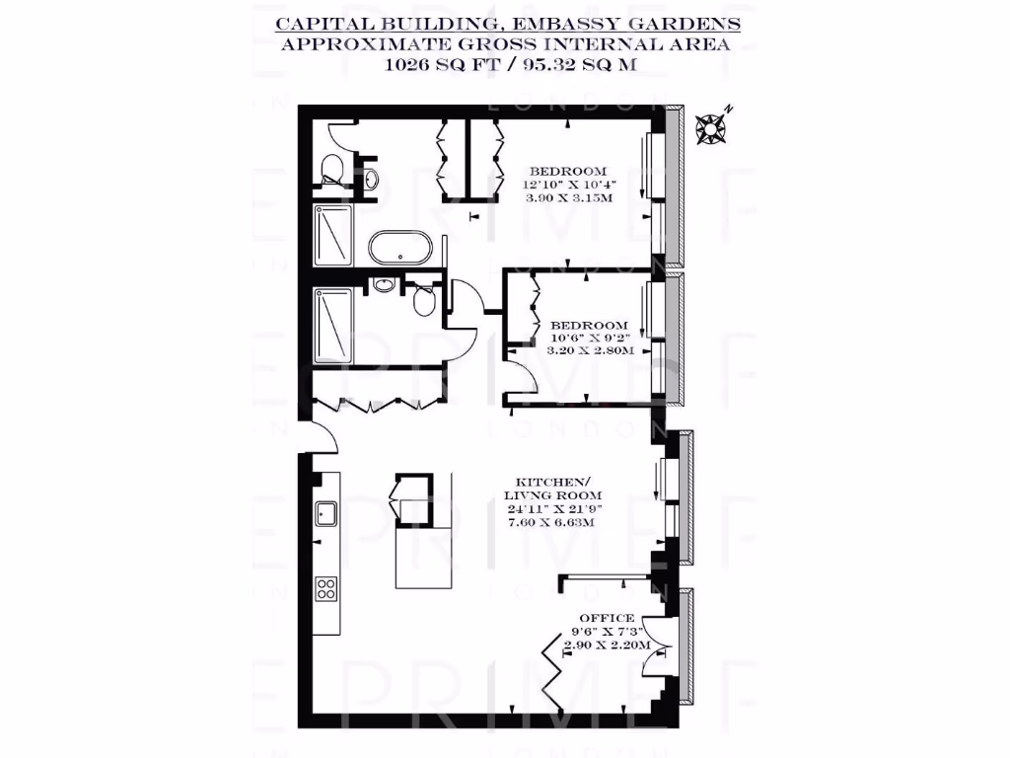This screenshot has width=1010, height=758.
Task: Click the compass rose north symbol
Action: pyautogui.click(x=710, y=128)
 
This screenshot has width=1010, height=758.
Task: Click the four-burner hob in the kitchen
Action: pyautogui.click(x=326, y=588)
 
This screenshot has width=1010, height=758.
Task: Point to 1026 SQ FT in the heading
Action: pyautogui.click(x=443, y=66)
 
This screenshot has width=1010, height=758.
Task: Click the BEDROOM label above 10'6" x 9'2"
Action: pyautogui.click(x=589, y=325)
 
